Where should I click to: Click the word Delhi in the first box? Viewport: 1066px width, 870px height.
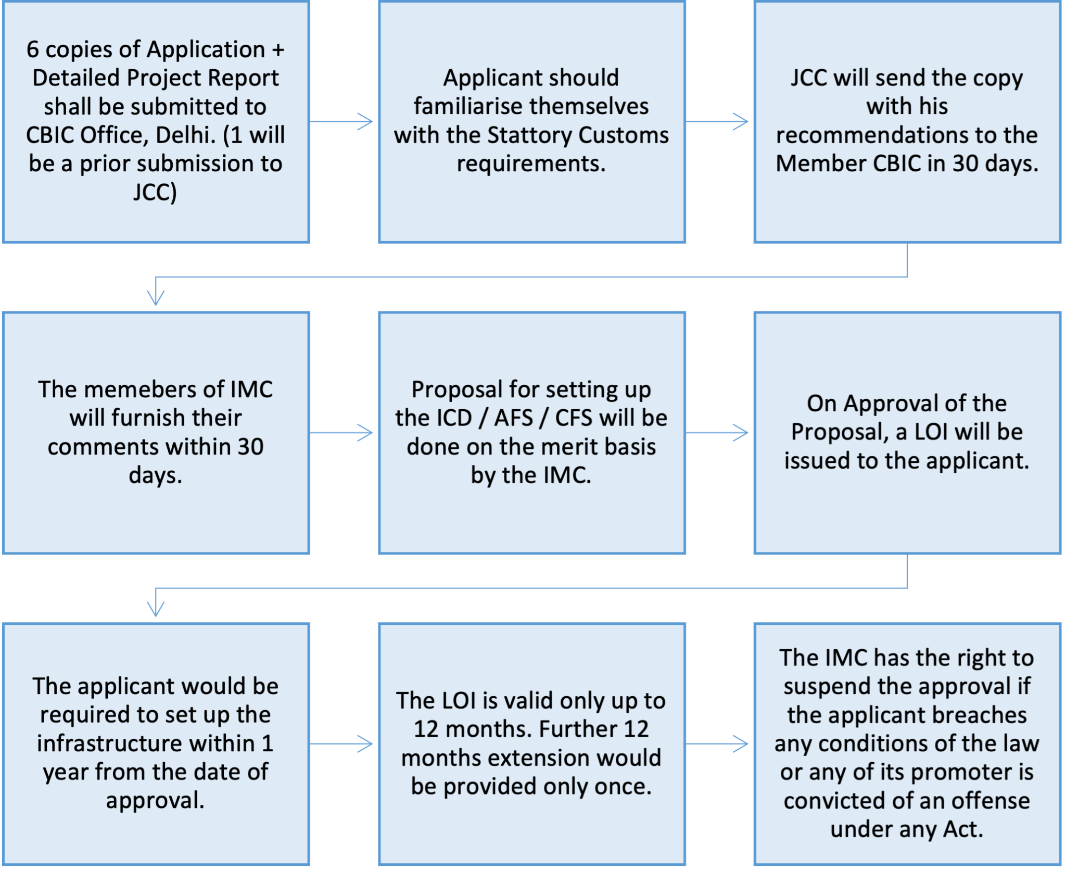185,135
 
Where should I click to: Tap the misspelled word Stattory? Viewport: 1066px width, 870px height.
528,135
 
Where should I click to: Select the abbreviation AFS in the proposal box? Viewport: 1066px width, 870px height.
513,418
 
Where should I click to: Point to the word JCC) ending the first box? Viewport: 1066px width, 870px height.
155,192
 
